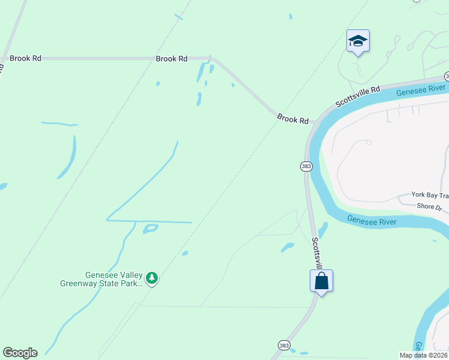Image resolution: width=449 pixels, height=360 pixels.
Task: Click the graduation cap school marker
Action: (x=358, y=41)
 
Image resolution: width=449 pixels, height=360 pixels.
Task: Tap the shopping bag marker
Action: (x=321, y=281)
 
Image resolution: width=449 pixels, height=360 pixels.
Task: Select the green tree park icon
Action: (x=152, y=278)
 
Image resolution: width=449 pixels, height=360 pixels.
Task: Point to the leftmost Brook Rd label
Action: (x=25, y=59)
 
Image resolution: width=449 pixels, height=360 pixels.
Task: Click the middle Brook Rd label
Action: (x=172, y=59)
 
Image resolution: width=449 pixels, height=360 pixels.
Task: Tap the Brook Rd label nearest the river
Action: (x=293, y=119)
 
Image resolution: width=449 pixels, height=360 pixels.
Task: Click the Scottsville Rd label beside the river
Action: (x=358, y=96)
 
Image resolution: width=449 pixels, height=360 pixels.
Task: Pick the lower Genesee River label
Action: (x=372, y=221)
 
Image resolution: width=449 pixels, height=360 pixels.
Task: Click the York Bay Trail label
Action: (x=430, y=195)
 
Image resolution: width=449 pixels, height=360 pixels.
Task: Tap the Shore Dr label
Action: (x=429, y=207)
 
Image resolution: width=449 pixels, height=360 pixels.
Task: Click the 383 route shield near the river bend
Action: (x=306, y=166)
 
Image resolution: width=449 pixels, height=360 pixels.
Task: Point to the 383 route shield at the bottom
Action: (x=285, y=345)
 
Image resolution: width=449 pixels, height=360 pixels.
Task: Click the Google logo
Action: (x=20, y=353)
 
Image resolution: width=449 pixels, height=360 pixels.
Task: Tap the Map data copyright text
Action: (x=423, y=355)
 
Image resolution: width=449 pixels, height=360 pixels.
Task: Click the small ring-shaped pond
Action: (x=151, y=229)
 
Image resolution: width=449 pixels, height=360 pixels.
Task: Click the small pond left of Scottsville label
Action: (x=288, y=247)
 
